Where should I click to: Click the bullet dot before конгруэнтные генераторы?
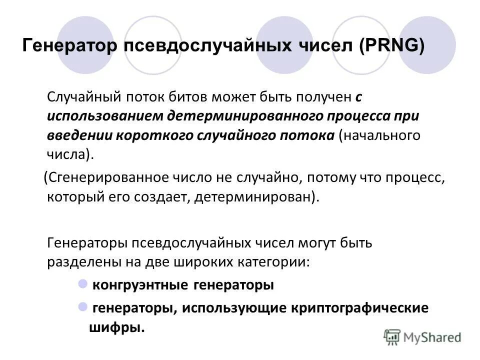[83, 284]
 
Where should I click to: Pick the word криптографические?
[359, 308]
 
